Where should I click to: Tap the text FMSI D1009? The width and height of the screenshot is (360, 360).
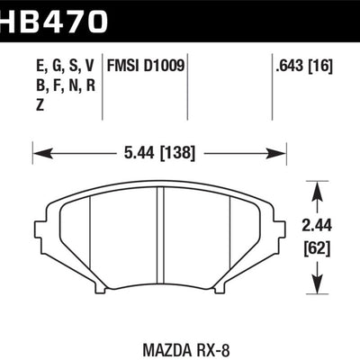pos(147,65)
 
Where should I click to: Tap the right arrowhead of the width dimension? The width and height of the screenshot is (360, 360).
pos(283,155)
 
